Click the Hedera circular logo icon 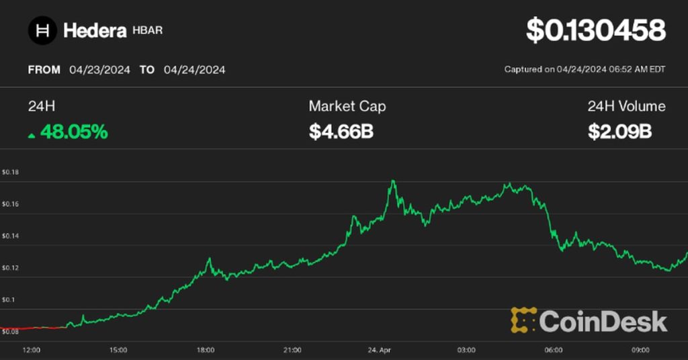pyautogui.click(x=42, y=30)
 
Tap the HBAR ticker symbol pyautogui.click(x=148, y=31)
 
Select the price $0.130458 pyautogui.click(x=595, y=31)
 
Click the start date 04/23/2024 pyautogui.click(x=99, y=70)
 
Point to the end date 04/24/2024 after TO pyautogui.click(x=195, y=70)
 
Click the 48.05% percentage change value pyautogui.click(x=74, y=132)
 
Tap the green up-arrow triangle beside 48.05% pyautogui.click(x=32, y=134)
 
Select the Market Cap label pyautogui.click(x=347, y=106)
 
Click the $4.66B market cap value pyautogui.click(x=341, y=132)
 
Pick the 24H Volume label pyautogui.click(x=626, y=106)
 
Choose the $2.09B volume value pyautogui.click(x=620, y=132)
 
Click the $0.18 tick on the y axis pyautogui.click(x=10, y=173)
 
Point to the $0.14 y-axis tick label pyautogui.click(x=10, y=236)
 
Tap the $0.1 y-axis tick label pyautogui.click(x=9, y=300)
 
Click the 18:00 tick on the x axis pyautogui.click(x=206, y=350)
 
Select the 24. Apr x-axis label pyautogui.click(x=379, y=350)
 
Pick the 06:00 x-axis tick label pyautogui.click(x=553, y=350)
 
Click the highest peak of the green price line pyautogui.click(x=392, y=181)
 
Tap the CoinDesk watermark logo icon pyautogui.click(x=523, y=320)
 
